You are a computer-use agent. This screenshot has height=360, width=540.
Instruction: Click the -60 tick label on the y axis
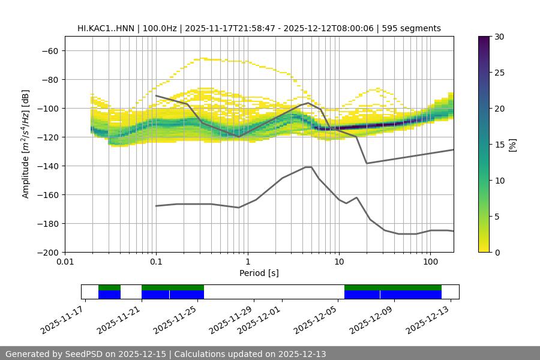pyautogui.click(x=49, y=51)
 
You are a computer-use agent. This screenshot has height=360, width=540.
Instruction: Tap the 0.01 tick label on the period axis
pyautogui.click(x=65, y=262)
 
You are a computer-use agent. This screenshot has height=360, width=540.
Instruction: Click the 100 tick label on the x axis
pyautogui.click(x=430, y=262)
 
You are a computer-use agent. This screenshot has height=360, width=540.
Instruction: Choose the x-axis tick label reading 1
pyautogui.click(x=248, y=262)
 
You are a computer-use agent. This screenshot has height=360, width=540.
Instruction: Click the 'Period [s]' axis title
pyautogui.click(x=259, y=273)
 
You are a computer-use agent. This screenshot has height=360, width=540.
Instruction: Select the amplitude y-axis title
pyautogui.click(x=26, y=144)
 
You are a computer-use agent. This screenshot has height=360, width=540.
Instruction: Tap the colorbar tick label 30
pyautogui.click(x=499, y=37)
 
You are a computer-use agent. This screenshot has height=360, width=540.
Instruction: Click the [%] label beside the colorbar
pyautogui.click(x=512, y=145)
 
